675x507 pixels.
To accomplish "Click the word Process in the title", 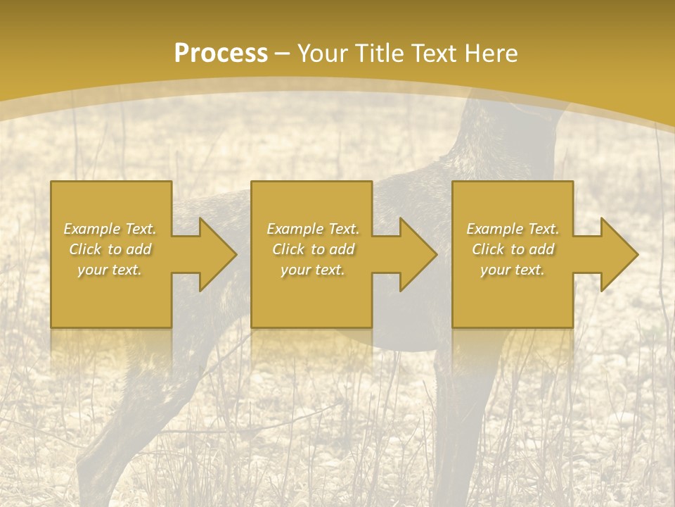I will [x=221, y=54].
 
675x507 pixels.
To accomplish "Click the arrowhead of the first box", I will [x=214, y=254].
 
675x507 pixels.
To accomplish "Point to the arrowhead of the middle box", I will [x=416, y=254].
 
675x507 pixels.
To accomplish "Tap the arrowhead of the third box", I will [x=617, y=254].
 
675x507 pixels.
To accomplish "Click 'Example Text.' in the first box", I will [x=110, y=229].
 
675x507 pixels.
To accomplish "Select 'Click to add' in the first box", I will [x=110, y=249].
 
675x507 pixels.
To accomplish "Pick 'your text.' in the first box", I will [x=110, y=270].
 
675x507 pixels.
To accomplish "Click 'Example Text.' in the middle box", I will [x=313, y=229].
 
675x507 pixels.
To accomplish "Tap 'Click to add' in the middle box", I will [x=313, y=249].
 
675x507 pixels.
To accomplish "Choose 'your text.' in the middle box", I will [x=313, y=270].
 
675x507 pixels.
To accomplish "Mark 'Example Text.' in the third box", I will [x=513, y=229].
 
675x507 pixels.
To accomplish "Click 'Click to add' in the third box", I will [x=513, y=249].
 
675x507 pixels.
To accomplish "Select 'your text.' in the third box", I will [x=513, y=270].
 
